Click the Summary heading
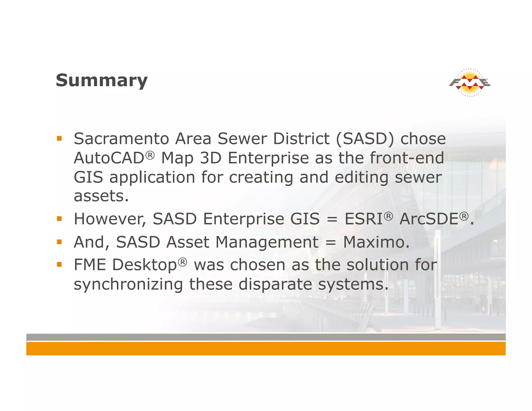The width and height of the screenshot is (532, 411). [102, 81]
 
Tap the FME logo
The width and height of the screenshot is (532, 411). [470, 83]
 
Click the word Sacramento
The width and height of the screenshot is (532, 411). [121, 139]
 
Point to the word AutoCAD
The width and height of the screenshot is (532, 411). [109, 158]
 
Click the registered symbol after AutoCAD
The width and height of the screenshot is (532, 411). [150, 155]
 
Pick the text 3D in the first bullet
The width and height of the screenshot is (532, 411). [210, 158]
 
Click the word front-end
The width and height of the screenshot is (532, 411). [407, 158]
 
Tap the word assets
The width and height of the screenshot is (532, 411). [101, 196]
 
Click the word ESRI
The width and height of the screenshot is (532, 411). [363, 219]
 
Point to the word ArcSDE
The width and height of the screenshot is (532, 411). [429, 219]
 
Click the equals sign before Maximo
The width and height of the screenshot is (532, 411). [331, 243]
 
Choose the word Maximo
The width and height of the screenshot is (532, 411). [376, 242]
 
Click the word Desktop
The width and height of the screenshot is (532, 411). [144, 265]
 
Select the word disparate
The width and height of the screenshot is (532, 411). [275, 284]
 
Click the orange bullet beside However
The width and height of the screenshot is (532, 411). [59, 219]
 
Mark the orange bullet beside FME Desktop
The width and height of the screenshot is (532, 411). [59, 265]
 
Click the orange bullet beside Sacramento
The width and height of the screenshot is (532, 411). [59, 138]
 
